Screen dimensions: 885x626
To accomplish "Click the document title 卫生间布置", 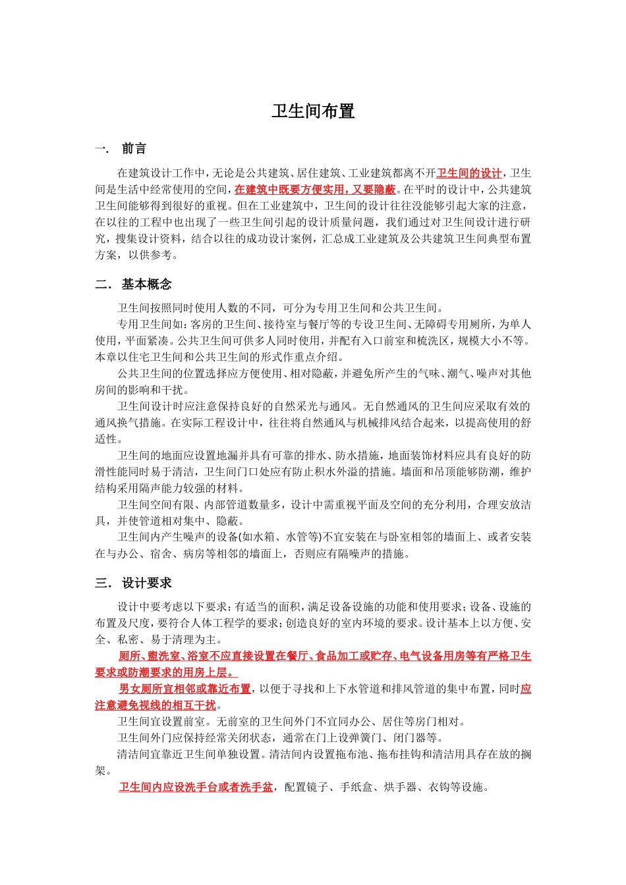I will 313,111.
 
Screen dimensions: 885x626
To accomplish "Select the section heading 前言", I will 134,149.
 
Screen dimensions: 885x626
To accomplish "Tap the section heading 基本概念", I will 146,284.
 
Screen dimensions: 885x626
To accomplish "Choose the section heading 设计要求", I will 146,583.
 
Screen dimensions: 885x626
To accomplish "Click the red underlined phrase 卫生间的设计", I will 469,173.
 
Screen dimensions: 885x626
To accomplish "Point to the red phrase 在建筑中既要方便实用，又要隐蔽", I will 315,190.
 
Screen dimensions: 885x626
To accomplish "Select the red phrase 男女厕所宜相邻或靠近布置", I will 185,689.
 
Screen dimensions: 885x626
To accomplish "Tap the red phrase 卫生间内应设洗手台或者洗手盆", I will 196,787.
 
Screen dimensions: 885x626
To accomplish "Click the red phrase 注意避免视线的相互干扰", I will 156,705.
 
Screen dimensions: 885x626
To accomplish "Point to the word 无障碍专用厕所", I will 457,324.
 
